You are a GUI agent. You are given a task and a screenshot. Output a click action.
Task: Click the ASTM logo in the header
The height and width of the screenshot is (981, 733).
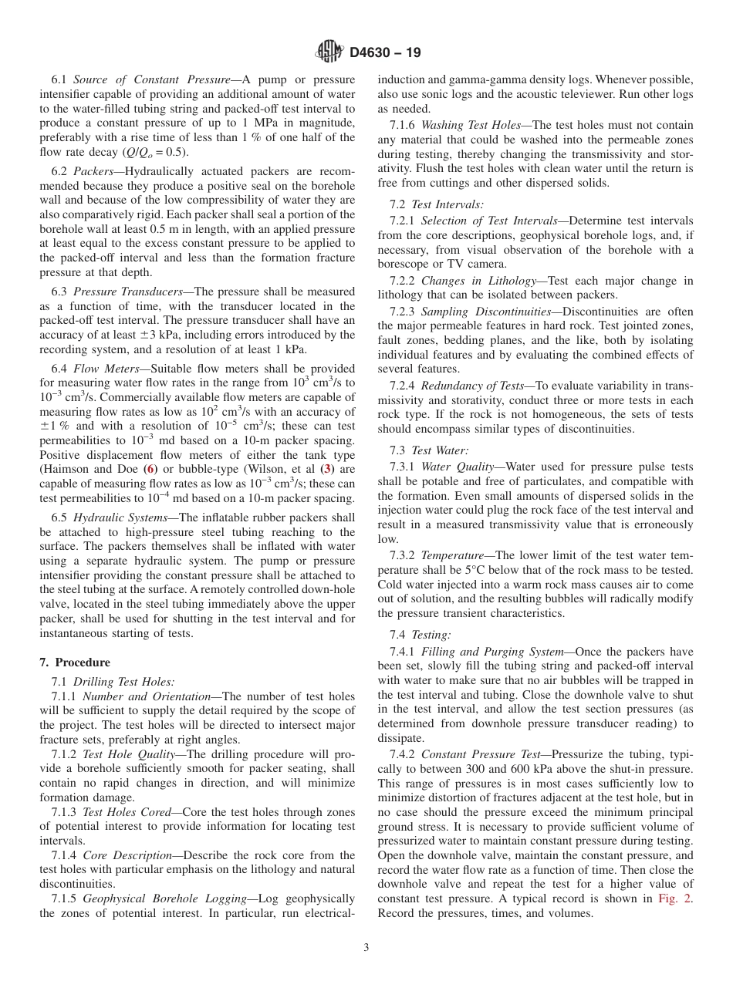[x=329, y=52]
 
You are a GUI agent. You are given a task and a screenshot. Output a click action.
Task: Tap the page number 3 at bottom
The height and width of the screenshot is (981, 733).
[x=366, y=948]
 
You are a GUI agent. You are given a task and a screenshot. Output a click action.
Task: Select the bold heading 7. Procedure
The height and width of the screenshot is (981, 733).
[x=75, y=662]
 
